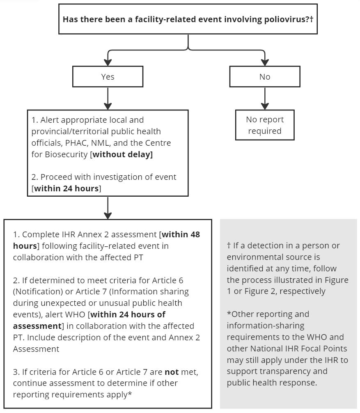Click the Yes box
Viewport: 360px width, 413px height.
(108, 77)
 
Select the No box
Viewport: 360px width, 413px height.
(265, 77)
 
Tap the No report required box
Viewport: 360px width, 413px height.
(265, 125)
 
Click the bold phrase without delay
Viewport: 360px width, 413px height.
(122, 155)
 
